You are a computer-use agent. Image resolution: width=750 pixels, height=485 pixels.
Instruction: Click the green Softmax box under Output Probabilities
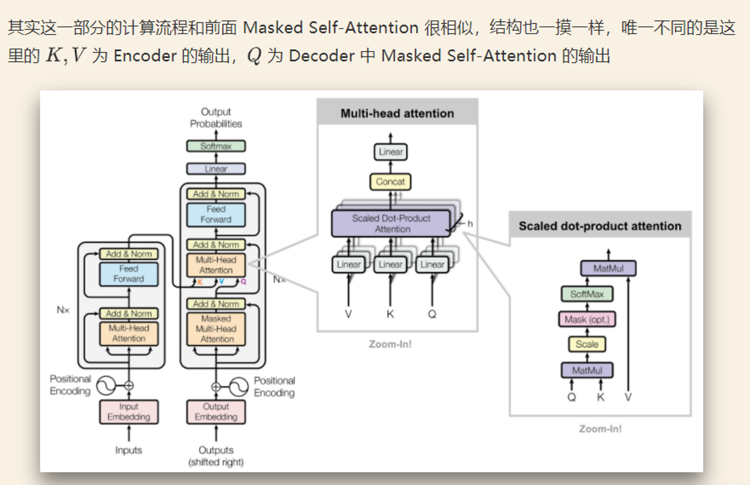point(216,146)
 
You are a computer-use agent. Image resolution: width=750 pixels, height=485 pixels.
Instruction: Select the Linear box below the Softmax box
point(216,168)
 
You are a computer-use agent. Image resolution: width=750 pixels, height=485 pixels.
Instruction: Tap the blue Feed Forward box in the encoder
point(129,274)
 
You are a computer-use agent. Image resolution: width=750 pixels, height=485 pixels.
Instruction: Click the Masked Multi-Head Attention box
point(217,329)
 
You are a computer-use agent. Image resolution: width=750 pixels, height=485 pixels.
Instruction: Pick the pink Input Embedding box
point(129,412)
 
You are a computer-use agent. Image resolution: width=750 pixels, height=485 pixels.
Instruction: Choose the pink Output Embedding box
point(216,412)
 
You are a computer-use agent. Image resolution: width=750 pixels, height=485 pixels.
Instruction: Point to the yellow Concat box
point(390,181)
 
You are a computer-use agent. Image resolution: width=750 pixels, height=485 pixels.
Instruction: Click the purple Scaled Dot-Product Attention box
point(391,224)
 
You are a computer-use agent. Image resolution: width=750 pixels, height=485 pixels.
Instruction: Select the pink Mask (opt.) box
point(587,319)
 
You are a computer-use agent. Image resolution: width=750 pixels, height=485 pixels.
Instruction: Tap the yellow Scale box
point(587,344)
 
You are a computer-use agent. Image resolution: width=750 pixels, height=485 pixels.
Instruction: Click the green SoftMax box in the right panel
point(587,294)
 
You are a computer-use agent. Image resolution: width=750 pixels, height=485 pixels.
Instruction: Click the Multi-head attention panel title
point(397,113)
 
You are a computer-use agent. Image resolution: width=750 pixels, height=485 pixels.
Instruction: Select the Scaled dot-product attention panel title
point(599,226)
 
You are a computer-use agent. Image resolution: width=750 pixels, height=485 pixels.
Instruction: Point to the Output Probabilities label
point(216,117)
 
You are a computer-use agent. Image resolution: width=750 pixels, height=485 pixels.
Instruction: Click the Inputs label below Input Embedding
point(129,450)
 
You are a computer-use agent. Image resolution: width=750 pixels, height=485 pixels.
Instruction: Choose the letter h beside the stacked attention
point(470,223)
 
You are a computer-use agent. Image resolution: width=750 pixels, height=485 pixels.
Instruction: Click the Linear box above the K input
point(390,265)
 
